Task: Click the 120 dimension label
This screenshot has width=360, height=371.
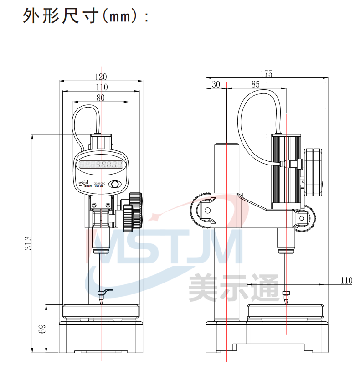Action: coord(101,76)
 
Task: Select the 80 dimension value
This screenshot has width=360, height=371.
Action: coord(101,97)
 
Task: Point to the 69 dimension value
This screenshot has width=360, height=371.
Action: coord(41,329)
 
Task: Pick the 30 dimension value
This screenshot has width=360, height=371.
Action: coord(216,84)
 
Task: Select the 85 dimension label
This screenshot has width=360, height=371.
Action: coord(256,84)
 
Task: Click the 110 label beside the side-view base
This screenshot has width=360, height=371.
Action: coord(346,281)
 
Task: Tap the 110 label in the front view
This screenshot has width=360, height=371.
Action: coord(101,87)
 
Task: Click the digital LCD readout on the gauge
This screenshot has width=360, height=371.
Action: coord(102,165)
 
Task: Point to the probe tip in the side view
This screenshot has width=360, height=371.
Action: coord(286,303)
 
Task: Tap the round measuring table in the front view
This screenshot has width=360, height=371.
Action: coord(101,311)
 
